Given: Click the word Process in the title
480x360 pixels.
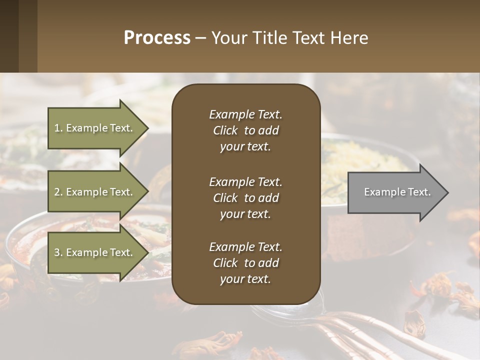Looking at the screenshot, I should click(x=157, y=38).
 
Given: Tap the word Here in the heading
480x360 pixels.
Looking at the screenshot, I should click(x=348, y=38).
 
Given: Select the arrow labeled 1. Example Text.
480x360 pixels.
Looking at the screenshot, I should click(x=95, y=128).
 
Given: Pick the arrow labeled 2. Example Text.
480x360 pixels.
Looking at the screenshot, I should click(x=95, y=192).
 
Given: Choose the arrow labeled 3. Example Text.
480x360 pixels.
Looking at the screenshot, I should click(x=95, y=252).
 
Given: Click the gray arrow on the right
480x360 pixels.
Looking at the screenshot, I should click(x=395, y=192).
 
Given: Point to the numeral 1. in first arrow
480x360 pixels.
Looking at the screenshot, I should click(x=58, y=128).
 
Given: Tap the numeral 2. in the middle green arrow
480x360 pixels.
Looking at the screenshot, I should click(x=58, y=192).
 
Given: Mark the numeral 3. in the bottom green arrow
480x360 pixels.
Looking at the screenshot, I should click(x=58, y=252).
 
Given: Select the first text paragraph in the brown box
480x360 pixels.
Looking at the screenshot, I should click(x=245, y=130).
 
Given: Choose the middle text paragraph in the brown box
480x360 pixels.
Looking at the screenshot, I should click(x=245, y=198).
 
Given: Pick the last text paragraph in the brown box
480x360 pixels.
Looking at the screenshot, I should click(x=245, y=263).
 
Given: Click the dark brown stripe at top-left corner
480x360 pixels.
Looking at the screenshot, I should click(x=9, y=36).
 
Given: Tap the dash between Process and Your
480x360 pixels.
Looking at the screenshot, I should click(x=200, y=38).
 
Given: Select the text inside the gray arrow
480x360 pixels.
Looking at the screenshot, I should click(x=397, y=192).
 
